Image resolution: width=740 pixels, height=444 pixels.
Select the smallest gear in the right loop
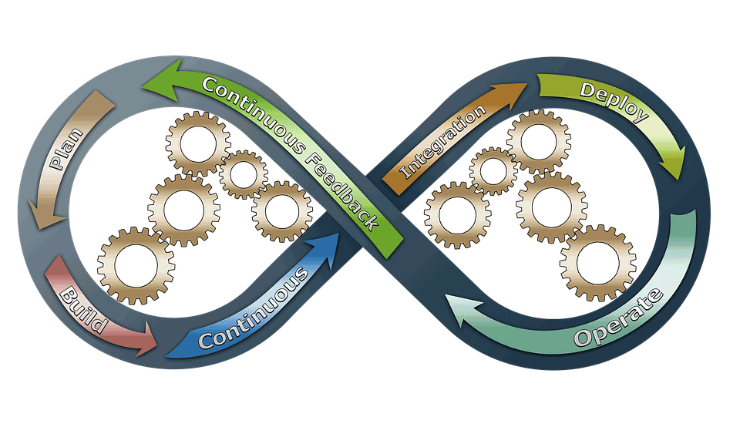pos(493,170)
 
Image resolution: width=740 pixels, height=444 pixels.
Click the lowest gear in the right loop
pos(597,263)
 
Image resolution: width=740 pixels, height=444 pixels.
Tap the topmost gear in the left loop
pos(198,143)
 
